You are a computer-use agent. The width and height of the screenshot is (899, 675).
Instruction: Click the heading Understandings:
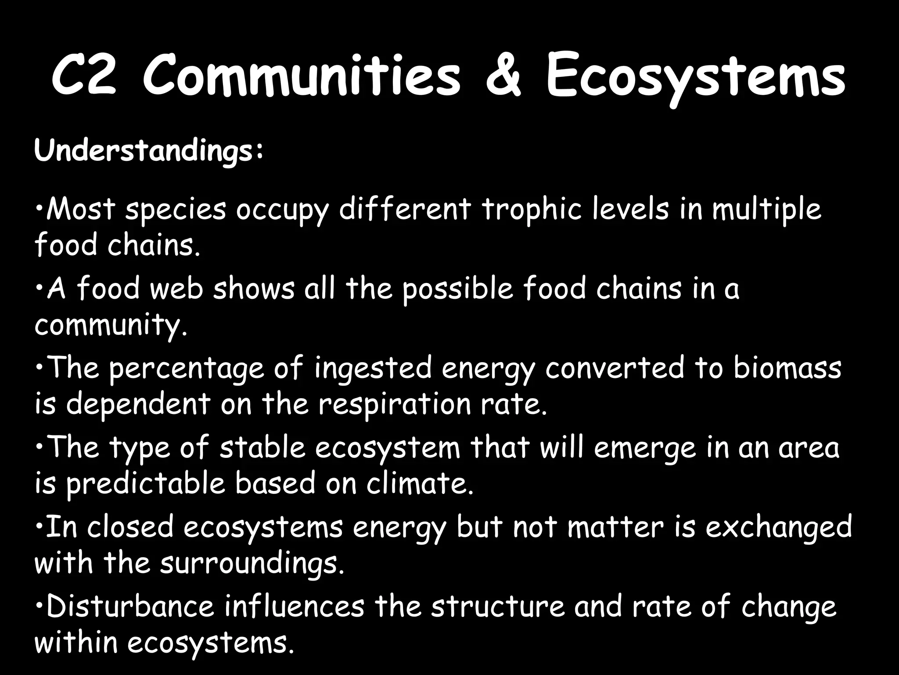point(149,151)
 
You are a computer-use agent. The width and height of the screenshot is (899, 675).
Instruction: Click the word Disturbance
point(130,606)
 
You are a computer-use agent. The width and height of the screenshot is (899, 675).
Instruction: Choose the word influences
point(294,606)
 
